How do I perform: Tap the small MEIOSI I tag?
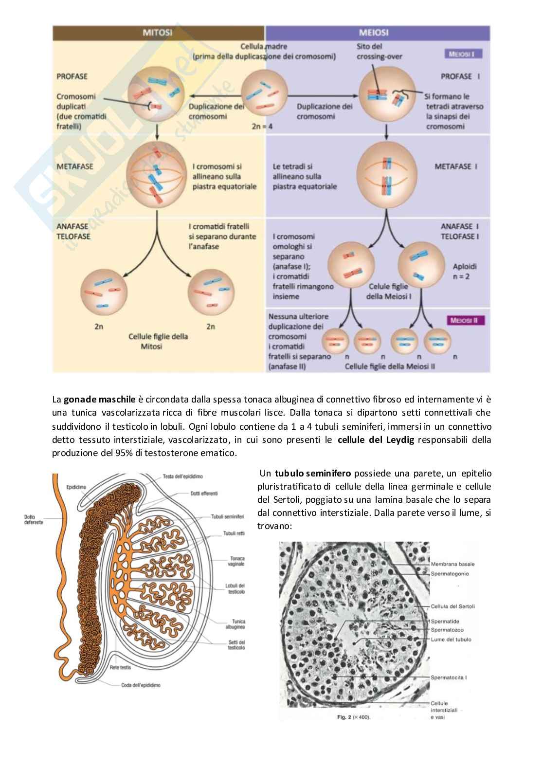tap(463, 54)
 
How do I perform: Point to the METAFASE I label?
tap(456, 166)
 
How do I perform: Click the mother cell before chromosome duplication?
tap(263, 92)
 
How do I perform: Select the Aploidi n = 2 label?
tap(465, 272)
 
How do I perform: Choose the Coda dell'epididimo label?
tap(141, 685)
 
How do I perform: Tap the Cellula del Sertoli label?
tap(452, 606)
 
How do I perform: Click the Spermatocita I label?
tap(449, 677)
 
